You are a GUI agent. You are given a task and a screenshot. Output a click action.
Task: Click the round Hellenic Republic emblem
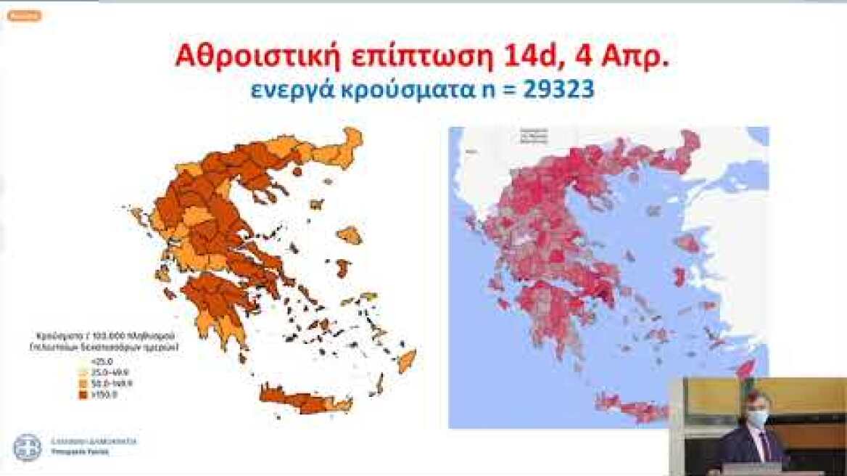click(x=28, y=446)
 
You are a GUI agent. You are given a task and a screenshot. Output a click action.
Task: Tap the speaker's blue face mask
click(x=757, y=419)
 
